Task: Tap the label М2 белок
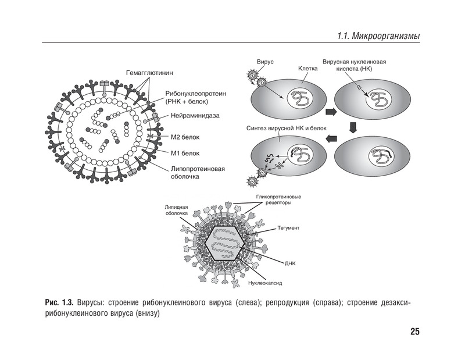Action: pos(185,137)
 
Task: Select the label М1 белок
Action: pos(185,154)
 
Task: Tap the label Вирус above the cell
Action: pos(264,61)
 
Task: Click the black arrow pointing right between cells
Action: pos(331,111)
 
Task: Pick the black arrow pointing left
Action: pos(331,138)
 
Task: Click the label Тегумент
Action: pos(288,228)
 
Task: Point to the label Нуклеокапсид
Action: pos(265,283)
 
